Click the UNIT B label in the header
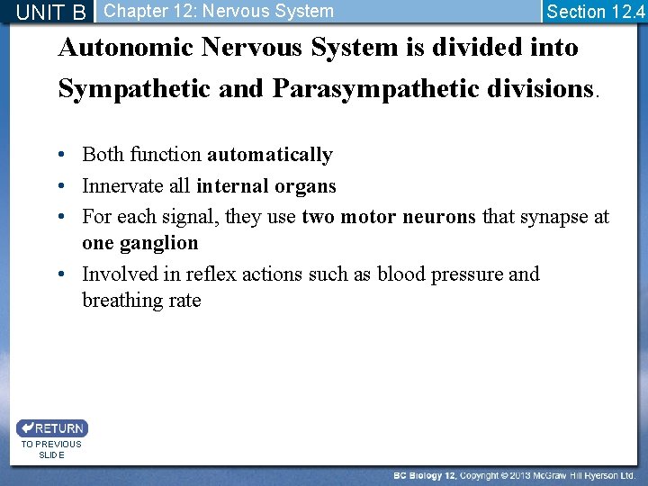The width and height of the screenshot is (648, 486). point(51,12)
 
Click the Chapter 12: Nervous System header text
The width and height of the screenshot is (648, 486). point(218,11)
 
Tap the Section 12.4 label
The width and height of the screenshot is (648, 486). point(595,12)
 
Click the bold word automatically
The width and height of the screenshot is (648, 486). point(270,155)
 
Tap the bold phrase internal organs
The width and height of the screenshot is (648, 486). point(265,186)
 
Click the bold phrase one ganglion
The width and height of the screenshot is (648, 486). point(139,243)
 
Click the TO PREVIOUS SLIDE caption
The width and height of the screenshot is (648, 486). point(51,449)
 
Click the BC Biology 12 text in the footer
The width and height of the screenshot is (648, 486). point(425,475)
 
